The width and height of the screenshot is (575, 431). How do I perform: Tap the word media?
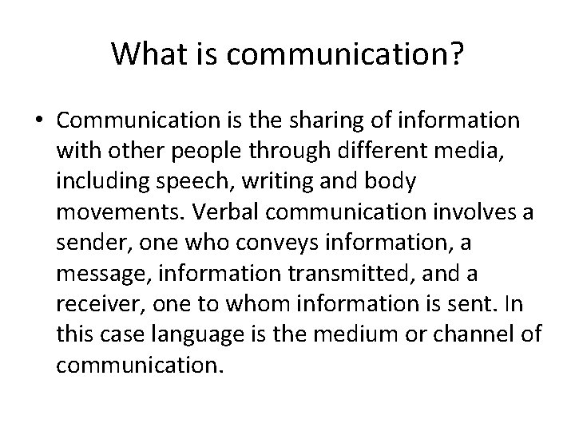point(472,152)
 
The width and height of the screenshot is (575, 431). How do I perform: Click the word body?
point(391,183)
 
